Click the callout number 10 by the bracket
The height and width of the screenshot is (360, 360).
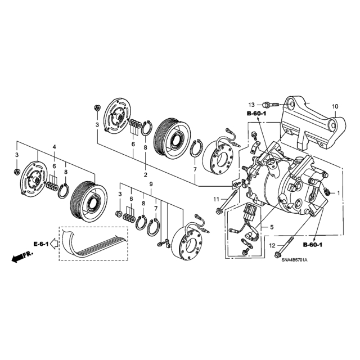click(x=335, y=106)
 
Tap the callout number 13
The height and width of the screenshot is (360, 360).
click(x=251, y=105)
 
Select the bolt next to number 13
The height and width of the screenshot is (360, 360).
click(x=271, y=105)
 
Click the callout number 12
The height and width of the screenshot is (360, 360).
click(x=272, y=246)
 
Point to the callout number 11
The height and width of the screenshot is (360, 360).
click(x=216, y=200)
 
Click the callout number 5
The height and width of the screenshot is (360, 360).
click(x=272, y=227)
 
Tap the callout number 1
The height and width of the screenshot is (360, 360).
click(x=338, y=193)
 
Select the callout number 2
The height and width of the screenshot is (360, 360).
click(x=145, y=175)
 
